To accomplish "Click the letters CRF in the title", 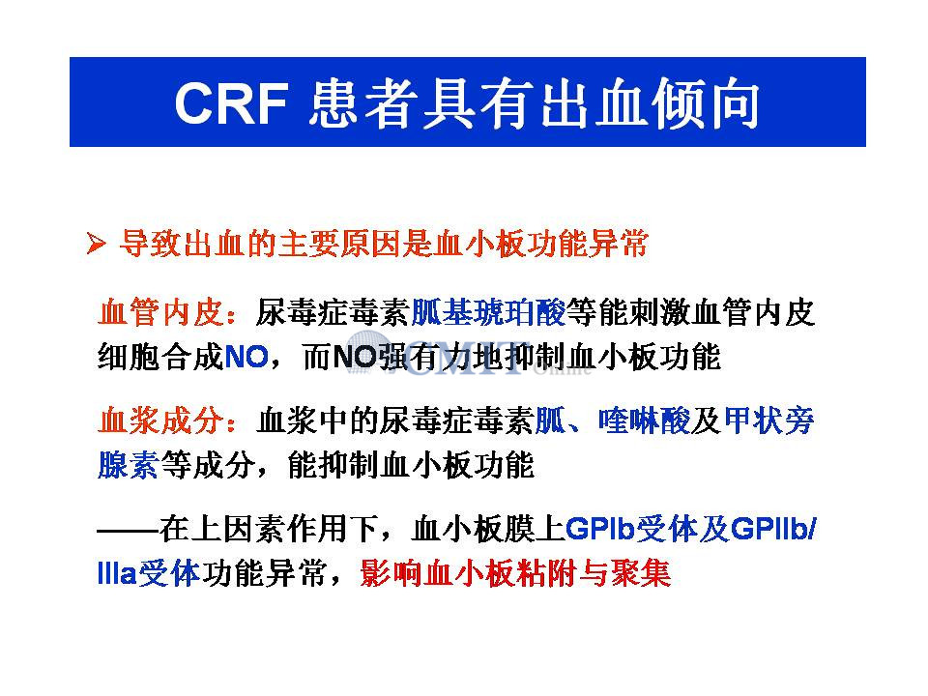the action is [232, 103].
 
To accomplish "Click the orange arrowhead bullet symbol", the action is [96, 244].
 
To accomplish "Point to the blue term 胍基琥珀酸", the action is [488, 312].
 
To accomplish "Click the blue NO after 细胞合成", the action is [246, 358].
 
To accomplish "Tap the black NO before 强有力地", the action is [355, 358].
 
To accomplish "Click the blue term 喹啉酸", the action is [644, 420].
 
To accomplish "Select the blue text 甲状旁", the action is [768, 420].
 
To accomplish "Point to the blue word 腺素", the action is [129, 465].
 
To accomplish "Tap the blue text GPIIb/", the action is [773, 529].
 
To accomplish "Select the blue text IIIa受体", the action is [149, 573].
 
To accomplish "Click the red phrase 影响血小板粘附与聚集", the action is [515, 573].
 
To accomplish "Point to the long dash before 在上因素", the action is [129, 529].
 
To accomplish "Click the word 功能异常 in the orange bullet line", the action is [587, 244].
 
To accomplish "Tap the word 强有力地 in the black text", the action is [439, 358].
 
